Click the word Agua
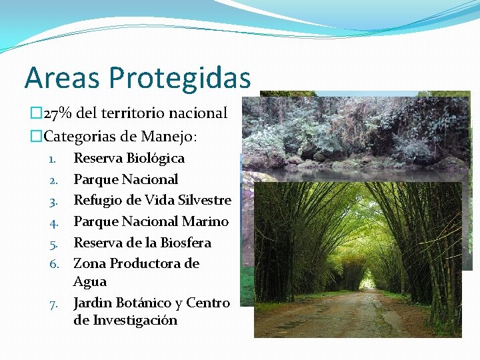89,281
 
